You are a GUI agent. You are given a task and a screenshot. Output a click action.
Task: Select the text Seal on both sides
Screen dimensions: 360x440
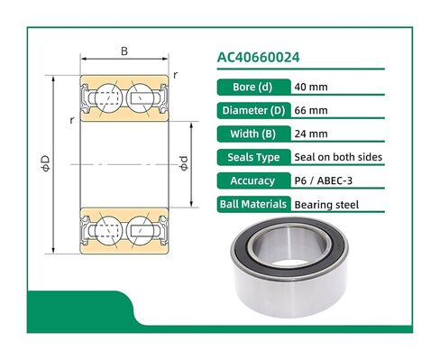(338, 157)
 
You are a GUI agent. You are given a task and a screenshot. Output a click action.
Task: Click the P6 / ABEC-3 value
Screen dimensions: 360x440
(325, 180)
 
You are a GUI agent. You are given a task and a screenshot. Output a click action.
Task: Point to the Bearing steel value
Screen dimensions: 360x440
(327, 204)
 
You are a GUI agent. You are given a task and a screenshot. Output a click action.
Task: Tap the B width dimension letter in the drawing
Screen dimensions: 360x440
(124, 51)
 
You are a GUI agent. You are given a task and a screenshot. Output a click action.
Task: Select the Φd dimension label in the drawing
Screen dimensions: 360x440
(183, 162)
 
